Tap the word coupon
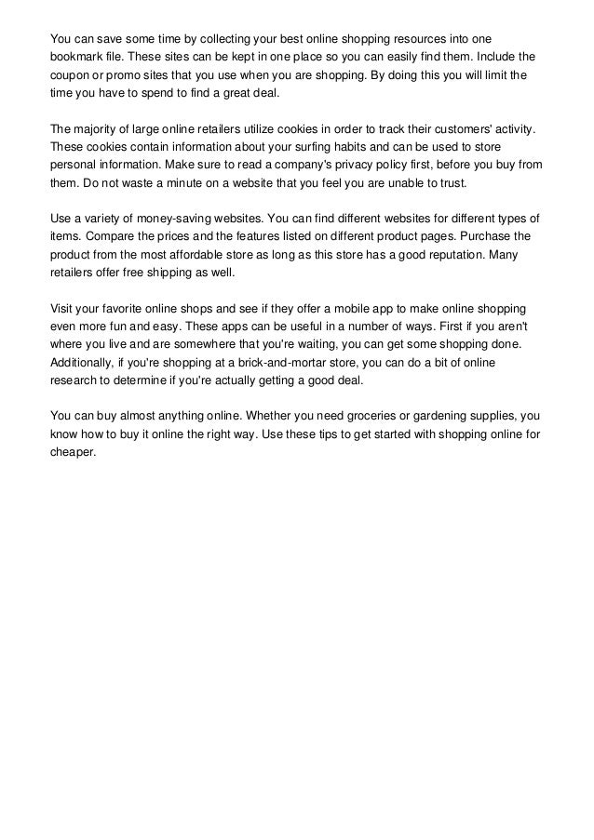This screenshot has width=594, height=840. pyautogui.click(x=70, y=74)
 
